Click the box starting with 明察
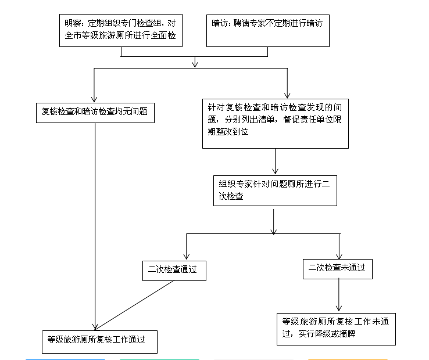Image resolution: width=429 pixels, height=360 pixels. tap(121, 30)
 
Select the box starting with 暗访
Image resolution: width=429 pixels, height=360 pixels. tap(267, 31)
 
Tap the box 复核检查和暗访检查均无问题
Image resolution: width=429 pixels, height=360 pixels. tap(95, 113)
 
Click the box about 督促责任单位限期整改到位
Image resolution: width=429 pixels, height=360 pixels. tap(275, 124)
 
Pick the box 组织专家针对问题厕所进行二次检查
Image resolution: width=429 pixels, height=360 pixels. tap(275, 190)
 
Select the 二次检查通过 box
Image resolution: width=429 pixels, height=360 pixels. tap(174, 271)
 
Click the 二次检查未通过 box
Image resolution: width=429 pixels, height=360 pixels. tap(338, 269)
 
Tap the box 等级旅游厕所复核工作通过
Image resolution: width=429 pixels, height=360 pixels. tap(99, 341)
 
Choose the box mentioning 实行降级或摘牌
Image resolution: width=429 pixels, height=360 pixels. tap(336, 329)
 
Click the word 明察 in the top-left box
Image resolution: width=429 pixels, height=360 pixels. tap(73, 23)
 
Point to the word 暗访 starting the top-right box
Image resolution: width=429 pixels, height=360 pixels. tap(219, 23)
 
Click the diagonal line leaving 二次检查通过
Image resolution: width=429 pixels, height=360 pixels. tap(135, 305)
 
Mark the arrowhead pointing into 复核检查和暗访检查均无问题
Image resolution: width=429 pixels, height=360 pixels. tap(94, 99)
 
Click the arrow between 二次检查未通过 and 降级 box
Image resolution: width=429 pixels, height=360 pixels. tap(339, 294)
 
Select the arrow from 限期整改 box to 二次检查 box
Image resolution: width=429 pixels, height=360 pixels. tap(275, 161)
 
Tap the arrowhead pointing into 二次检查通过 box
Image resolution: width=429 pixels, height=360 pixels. tap(187, 257)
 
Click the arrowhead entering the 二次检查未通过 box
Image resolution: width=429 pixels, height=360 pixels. tap(339, 256)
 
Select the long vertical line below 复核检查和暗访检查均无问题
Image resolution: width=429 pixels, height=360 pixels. tap(95, 226)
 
